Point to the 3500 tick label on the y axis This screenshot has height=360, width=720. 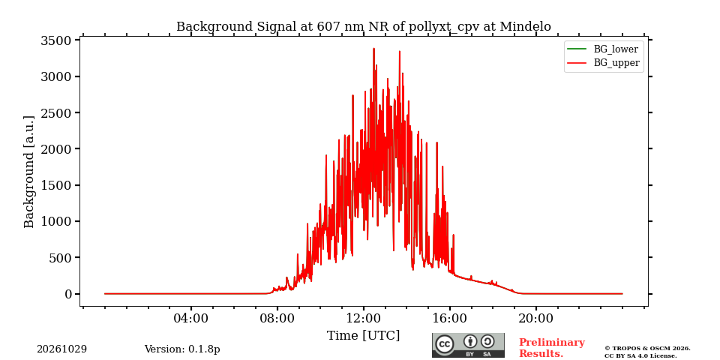[56, 40]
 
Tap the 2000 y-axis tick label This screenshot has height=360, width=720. [56, 149]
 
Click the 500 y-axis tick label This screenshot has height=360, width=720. [61, 258]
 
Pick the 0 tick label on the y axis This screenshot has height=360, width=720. [68, 294]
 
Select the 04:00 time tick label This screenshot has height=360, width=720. [191, 318]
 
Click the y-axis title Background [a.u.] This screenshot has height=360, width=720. [29, 172]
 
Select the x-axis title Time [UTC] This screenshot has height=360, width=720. [363, 336]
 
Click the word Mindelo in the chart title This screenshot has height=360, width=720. [525, 27]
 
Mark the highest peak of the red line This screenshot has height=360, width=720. [373, 48]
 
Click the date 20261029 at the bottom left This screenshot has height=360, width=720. [62, 349]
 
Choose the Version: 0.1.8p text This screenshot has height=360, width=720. [182, 349]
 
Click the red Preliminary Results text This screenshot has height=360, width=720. [552, 348]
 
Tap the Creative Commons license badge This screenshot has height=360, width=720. [468, 345]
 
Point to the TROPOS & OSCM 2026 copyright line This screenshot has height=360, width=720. [647, 349]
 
